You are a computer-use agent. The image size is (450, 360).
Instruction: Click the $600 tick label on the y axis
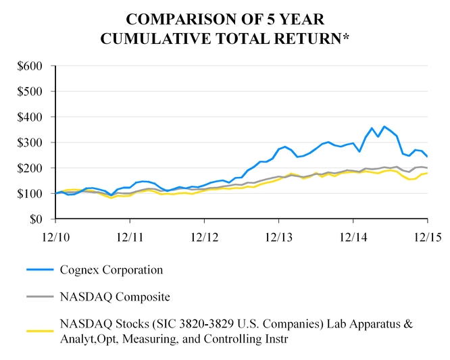click(x=29, y=66)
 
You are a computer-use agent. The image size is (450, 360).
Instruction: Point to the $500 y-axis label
click(x=29, y=91)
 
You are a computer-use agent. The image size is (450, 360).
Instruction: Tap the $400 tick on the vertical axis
click(x=29, y=117)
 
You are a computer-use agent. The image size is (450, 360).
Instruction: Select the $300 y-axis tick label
click(x=29, y=143)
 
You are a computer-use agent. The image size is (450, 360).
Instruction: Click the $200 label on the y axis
click(x=29, y=168)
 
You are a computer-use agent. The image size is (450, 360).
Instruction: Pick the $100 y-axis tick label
click(x=29, y=194)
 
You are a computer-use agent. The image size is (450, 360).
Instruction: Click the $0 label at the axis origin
click(x=36, y=220)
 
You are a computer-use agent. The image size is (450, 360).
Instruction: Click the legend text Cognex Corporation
click(x=111, y=270)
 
